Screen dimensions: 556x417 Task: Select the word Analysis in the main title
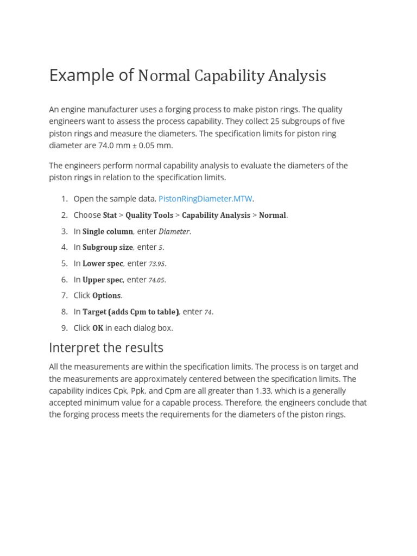point(297,76)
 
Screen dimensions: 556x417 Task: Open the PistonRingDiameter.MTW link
point(205,199)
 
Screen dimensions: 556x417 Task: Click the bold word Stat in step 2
point(110,215)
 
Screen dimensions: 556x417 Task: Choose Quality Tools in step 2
point(149,215)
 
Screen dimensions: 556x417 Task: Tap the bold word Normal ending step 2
point(272,215)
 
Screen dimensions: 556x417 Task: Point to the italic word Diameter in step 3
point(174,231)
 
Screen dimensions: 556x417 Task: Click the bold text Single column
point(108,231)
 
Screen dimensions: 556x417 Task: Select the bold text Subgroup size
point(108,247)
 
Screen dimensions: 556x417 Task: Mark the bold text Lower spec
point(103,263)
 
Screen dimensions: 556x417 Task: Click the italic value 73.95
point(157,264)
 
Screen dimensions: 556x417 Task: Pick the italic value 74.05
point(157,280)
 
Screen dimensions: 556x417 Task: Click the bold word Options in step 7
point(106,295)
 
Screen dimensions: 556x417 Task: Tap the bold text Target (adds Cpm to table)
point(130,312)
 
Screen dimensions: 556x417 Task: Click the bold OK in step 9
point(98,328)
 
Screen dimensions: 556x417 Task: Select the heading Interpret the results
point(106,347)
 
